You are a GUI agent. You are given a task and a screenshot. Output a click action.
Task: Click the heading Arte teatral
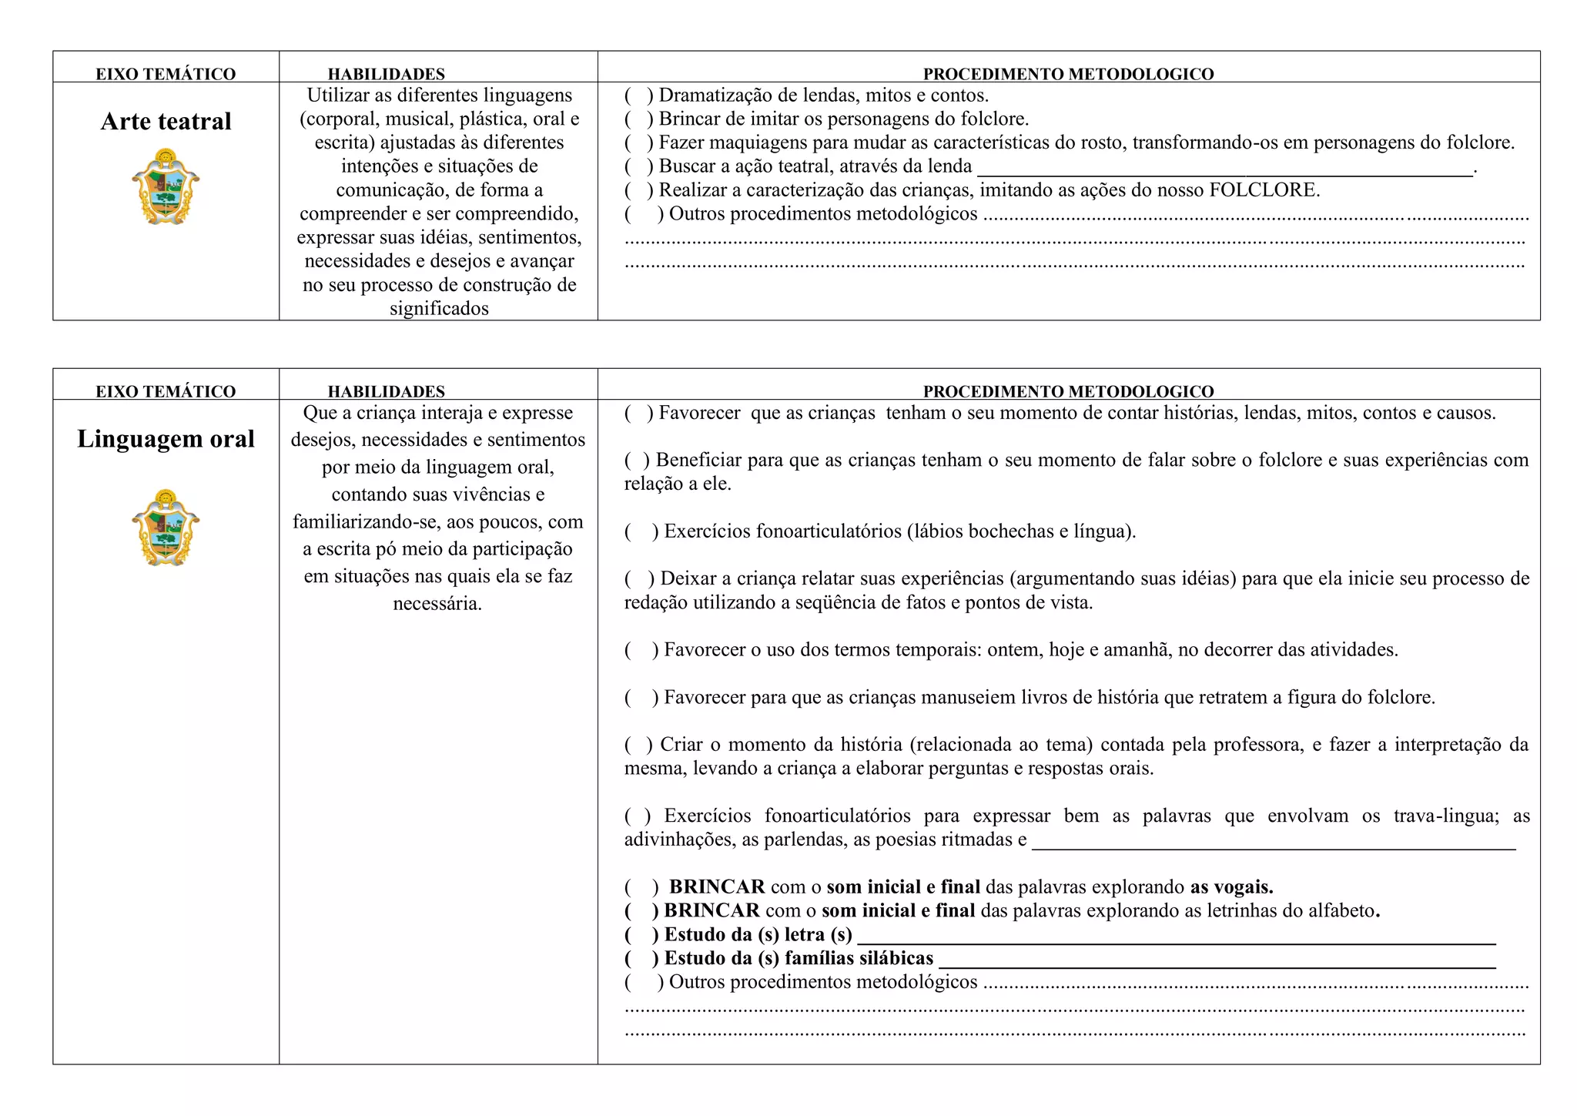[x=166, y=122]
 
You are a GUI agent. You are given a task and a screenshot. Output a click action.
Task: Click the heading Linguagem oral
[x=166, y=439]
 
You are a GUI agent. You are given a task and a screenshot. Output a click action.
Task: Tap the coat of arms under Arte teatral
[x=166, y=187]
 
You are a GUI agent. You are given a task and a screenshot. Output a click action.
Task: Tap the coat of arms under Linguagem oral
[x=166, y=528]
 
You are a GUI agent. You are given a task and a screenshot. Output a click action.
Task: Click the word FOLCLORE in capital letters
[x=1264, y=190]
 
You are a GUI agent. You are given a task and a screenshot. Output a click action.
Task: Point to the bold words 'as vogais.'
[x=1231, y=887]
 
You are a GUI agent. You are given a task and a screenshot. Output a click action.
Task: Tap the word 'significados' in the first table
[x=439, y=309]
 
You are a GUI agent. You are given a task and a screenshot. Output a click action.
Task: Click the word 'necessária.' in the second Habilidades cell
[x=437, y=604]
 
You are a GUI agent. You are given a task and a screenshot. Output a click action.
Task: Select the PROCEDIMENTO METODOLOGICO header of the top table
[x=1068, y=74]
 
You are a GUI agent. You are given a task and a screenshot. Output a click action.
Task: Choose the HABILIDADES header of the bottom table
[x=386, y=391]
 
